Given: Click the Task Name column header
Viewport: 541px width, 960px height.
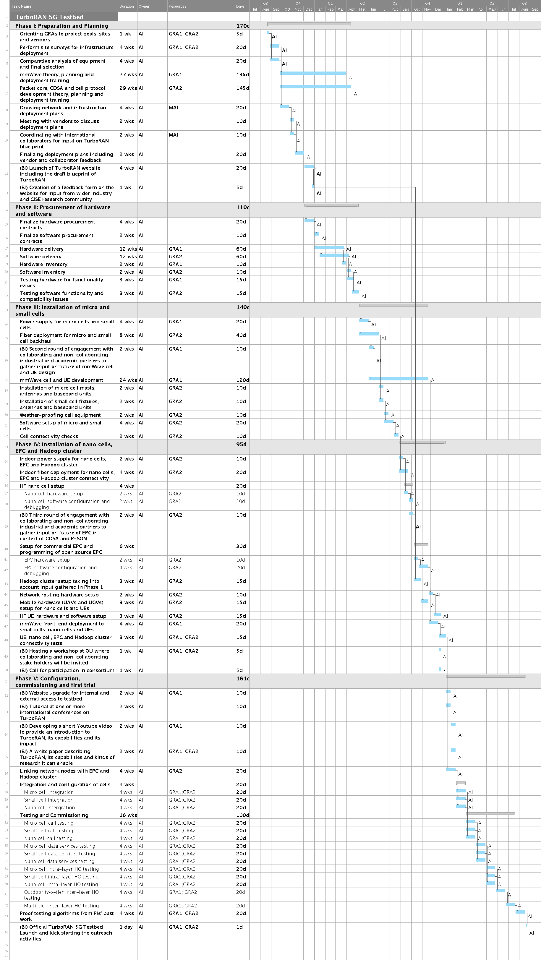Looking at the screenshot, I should [x=21, y=6].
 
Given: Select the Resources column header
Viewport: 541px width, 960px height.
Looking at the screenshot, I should [x=177, y=6].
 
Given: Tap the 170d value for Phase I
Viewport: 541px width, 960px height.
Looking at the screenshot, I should [x=242, y=26].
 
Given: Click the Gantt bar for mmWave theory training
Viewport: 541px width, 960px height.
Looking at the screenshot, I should [x=313, y=73].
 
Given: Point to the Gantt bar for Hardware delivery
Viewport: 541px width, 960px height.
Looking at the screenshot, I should [x=330, y=247].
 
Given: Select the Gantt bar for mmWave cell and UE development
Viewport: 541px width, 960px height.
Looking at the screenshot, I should [x=399, y=379].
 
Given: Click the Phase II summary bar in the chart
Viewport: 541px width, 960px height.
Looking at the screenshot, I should [x=331, y=206].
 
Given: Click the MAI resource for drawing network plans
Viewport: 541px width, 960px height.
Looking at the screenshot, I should [x=173, y=108].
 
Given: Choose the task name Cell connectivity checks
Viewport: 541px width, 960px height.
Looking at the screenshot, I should [x=49, y=436].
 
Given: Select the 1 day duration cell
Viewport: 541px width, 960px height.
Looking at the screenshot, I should [x=126, y=927].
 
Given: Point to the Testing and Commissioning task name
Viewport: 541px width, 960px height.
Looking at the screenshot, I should [x=54, y=815].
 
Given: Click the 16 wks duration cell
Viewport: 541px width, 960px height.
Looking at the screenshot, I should [x=128, y=815].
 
